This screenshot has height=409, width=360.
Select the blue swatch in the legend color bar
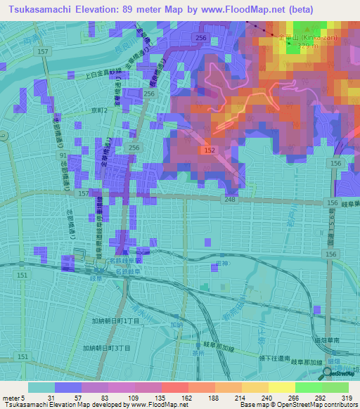coord(68,387)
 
